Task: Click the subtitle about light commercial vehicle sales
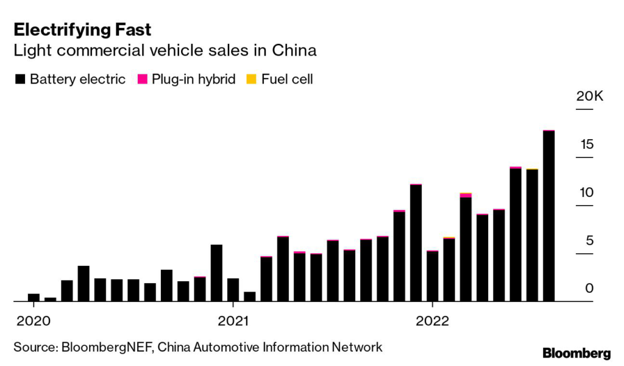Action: pos(165,51)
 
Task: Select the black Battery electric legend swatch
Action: pos(19,79)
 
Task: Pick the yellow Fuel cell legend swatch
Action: pos(251,79)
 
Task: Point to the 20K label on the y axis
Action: pos(589,97)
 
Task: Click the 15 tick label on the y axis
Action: pos(587,145)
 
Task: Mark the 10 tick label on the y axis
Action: pos(587,193)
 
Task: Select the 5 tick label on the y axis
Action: pos(589,240)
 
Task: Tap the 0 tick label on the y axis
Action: pos(589,289)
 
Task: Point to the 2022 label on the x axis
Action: pos(432,320)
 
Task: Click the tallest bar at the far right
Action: pos(548,216)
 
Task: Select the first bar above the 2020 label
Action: pos(34,298)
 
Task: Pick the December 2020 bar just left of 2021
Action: pos(216,273)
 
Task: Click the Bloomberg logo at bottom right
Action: pos(576,353)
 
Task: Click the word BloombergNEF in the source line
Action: pos(104,347)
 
